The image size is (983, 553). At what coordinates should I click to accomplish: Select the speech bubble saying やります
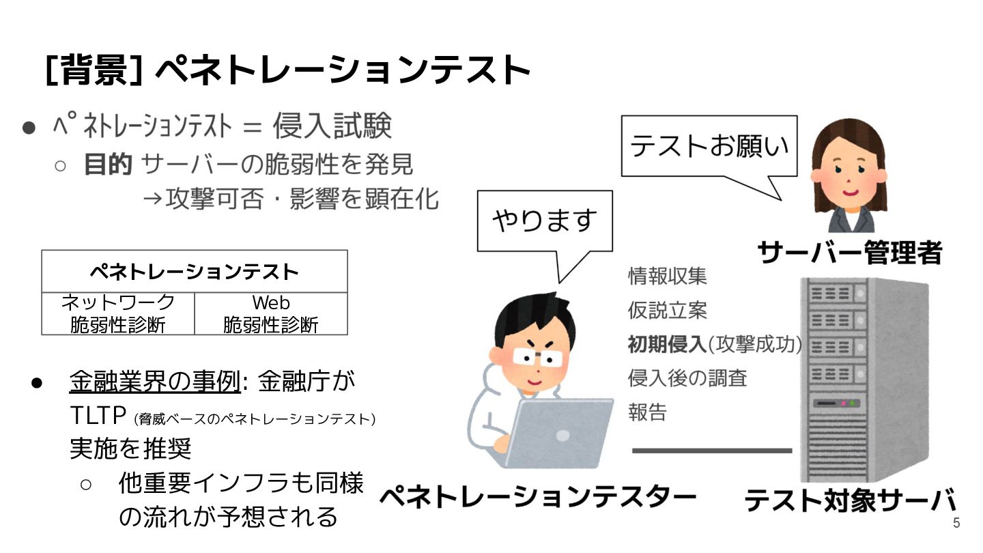click(544, 221)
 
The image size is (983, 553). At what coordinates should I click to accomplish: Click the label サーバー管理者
click(850, 252)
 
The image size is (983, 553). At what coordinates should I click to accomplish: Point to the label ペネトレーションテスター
click(537, 497)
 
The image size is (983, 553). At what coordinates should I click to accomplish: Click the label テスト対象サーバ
click(849, 500)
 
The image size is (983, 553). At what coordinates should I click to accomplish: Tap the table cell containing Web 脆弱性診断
click(271, 313)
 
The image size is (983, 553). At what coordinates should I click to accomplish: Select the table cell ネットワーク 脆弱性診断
click(118, 313)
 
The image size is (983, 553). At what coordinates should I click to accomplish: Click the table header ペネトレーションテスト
click(195, 272)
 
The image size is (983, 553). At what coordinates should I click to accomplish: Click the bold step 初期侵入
click(666, 344)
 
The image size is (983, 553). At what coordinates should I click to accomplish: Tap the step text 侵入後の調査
click(687, 378)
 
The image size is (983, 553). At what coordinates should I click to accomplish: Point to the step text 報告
click(646, 412)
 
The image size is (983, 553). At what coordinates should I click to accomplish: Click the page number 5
click(956, 524)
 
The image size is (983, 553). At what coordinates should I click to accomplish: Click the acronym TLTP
click(100, 415)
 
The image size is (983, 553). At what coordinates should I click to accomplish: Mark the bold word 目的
click(107, 165)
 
